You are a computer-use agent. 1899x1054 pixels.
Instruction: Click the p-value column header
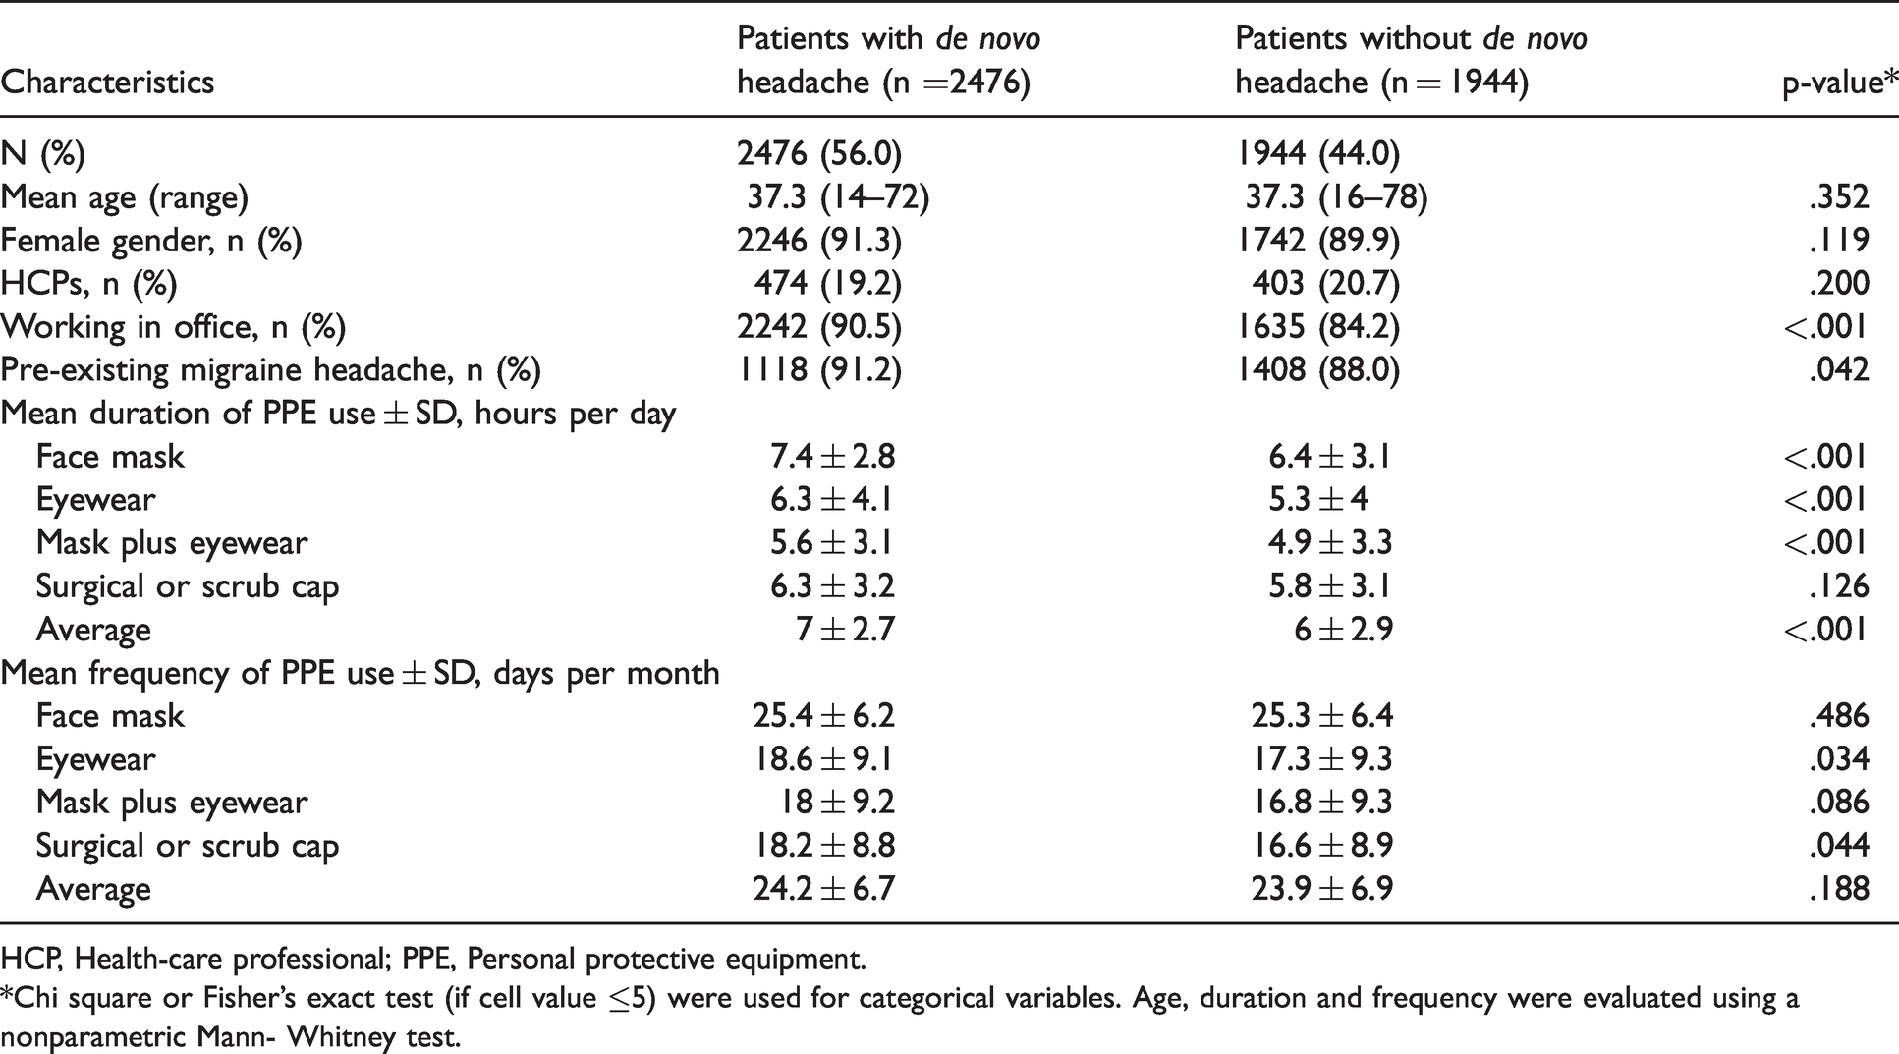[1840, 83]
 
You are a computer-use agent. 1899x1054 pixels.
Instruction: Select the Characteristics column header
[107, 82]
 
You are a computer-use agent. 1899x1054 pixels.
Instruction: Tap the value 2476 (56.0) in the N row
[819, 154]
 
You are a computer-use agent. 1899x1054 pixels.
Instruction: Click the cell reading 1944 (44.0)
[1317, 154]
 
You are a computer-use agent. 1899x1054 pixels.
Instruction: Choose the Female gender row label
[151, 241]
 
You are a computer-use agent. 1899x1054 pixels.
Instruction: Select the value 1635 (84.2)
[1317, 327]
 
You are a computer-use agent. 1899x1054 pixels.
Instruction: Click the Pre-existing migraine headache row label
[271, 370]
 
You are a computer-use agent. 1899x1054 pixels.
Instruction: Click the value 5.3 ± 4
[1318, 500]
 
